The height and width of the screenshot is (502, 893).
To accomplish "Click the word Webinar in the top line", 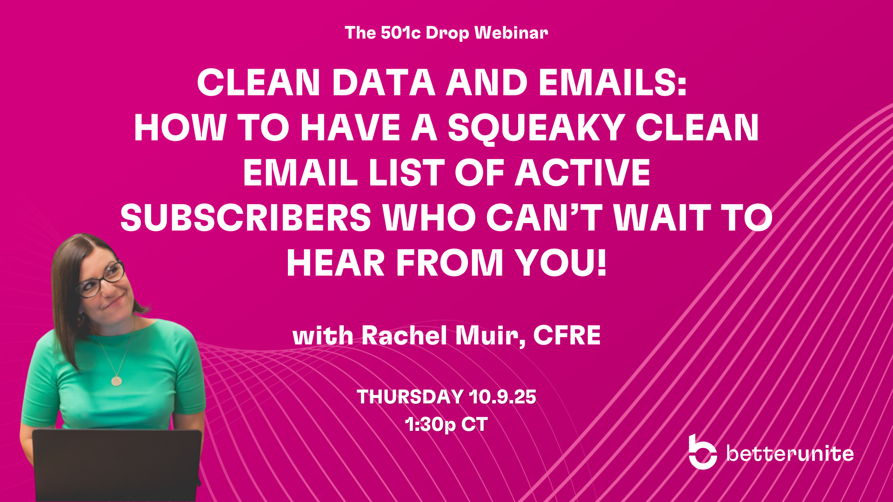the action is pos(511,33).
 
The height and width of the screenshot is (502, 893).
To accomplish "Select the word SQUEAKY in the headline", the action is pos(536,128).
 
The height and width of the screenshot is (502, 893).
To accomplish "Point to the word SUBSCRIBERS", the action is pos(246,218).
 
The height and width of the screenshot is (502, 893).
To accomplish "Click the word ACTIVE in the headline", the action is pos(582,173).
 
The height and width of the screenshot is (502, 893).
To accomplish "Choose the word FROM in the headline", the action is pos(450,263).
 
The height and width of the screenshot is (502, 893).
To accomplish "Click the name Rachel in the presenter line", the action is pos(404,335).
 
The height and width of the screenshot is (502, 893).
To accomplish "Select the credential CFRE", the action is pos(567,335).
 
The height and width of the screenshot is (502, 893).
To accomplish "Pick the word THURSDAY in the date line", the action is pos(410,397).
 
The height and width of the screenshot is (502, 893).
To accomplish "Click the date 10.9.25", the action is pos(503,397).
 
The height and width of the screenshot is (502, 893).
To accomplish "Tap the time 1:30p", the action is pos(430,424).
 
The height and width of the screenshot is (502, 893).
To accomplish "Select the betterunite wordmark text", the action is pos(790,453).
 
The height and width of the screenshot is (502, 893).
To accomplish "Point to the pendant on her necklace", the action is pos(116,381).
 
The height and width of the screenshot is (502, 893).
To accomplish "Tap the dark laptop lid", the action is pos(117,465).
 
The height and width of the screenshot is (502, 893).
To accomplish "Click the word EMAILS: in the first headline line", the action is pos(613,83).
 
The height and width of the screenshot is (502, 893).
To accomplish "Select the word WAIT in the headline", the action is pos(662,218).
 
